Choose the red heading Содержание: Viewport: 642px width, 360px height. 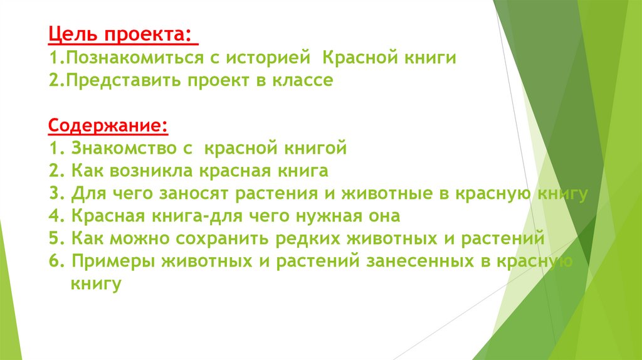(107, 125)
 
